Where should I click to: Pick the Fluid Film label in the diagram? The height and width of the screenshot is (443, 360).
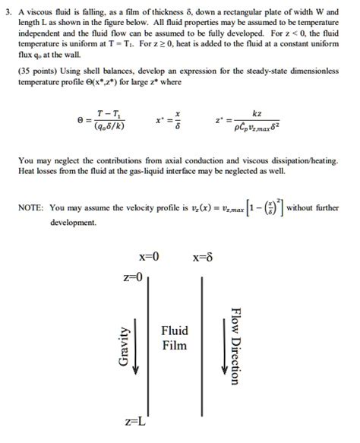[174, 338]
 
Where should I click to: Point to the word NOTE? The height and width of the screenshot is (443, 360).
[32, 207]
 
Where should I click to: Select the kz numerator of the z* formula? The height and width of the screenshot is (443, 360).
[256, 113]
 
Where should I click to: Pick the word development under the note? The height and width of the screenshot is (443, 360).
[73, 223]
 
